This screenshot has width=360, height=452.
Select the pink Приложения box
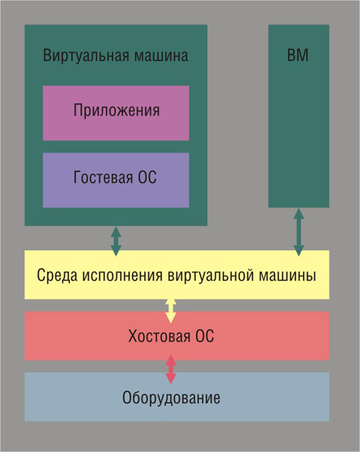[116, 113]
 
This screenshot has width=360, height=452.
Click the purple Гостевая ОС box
[116, 180]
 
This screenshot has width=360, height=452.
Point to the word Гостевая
[103, 177]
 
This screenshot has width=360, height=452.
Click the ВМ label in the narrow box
[298, 55]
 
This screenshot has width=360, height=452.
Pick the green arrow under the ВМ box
[299, 232]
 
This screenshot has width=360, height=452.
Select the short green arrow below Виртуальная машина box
[116, 241]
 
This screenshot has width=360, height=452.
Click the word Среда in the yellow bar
[57, 275]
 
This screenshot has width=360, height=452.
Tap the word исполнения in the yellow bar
[122, 275]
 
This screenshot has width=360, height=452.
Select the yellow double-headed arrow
[171, 311]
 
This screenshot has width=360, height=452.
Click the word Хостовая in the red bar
[159, 336]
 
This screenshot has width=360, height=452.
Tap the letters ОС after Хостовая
[205, 336]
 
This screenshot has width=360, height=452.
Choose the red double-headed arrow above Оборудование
[171, 369]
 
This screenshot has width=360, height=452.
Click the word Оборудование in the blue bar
[171, 398]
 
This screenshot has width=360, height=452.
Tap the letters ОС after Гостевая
[147, 177]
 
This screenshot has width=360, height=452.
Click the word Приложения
[116, 110]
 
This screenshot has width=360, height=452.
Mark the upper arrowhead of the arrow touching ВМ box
[299, 213]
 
